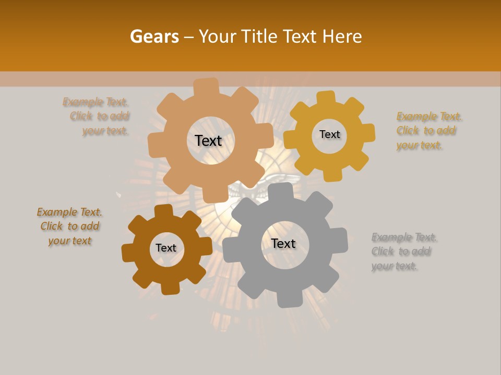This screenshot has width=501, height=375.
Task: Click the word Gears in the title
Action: click(154, 36)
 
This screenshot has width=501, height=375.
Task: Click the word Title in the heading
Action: click(261, 36)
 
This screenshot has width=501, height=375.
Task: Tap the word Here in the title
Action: click(342, 36)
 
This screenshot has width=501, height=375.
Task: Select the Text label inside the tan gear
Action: click(208, 141)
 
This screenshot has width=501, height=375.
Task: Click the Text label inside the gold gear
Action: click(329, 134)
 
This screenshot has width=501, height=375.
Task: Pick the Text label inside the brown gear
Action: click(166, 248)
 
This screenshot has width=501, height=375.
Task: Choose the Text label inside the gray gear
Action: click(283, 243)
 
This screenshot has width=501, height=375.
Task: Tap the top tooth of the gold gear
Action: click(326, 97)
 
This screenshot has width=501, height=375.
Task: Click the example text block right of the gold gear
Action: click(429, 131)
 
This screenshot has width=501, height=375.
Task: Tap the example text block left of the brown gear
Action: click(69, 226)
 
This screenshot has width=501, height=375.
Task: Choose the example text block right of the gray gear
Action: click(404, 252)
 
